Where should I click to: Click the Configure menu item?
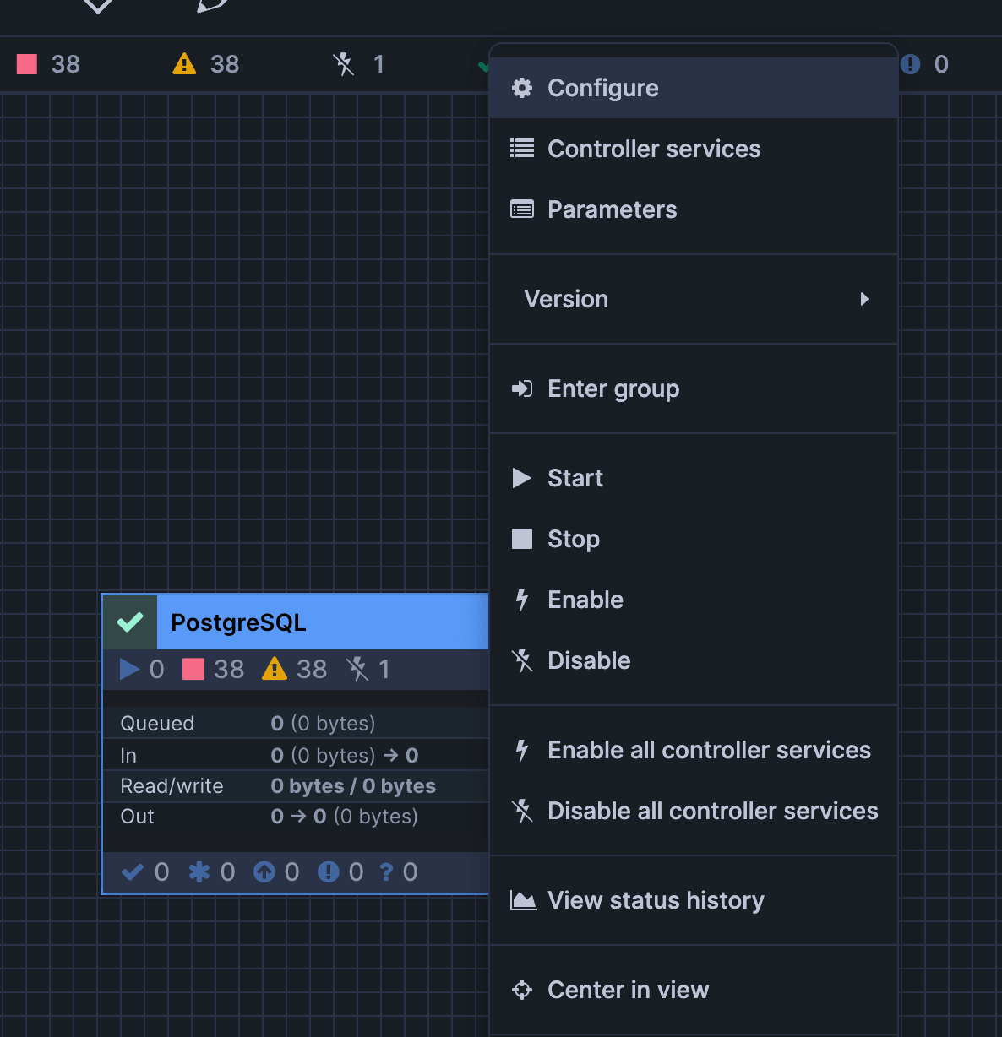[694, 88]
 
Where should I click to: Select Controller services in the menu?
[694, 149]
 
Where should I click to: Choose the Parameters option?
[694, 209]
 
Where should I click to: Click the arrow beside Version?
[864, 299]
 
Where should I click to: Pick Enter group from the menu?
[694, 388]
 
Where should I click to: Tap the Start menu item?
[694, 478]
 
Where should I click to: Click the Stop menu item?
[694, 539]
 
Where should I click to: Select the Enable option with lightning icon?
[694, 600]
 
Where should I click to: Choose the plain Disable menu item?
[694, 660]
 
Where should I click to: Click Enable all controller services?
[694, 750]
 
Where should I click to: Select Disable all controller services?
[694, 811]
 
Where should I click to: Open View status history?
[694, 900]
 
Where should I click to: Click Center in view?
[694, 990]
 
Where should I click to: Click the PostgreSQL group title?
[238, 622]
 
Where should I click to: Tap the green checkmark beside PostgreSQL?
[130, 622]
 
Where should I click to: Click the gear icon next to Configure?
[522, 88]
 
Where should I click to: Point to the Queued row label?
[157, 724]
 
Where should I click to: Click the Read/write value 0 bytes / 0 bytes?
[353, 786]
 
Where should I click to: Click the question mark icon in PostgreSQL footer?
[387, 872]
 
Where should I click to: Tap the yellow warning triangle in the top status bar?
[184, 63]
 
